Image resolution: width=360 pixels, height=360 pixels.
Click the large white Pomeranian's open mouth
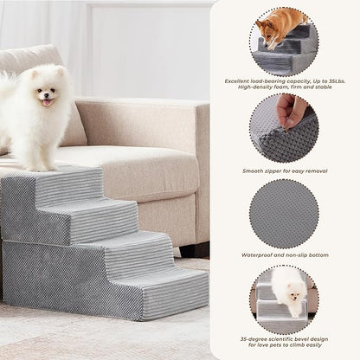[x=47, y=101]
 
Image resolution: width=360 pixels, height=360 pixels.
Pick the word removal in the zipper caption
[x=315, y=170]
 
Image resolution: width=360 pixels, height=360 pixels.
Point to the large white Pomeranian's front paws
[x=38, y=166]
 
